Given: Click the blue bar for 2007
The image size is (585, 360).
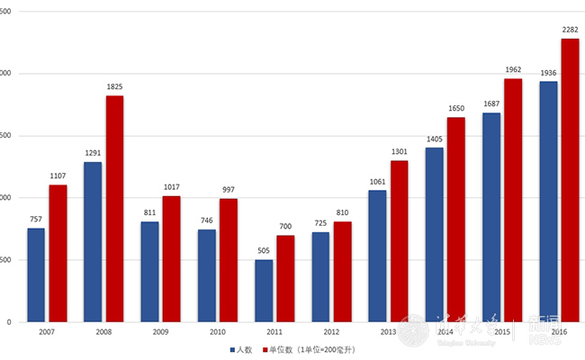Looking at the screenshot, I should (36, 274).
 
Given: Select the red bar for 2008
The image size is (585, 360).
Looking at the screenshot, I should (114, 208).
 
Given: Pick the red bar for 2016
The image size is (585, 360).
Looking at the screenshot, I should (570, 180).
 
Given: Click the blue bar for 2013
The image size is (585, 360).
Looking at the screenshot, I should (377, 256).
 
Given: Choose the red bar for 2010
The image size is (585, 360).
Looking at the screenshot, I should (229, 259).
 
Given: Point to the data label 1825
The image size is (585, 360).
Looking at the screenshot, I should (114, 87).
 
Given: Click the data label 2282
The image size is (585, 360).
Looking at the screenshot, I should (570, 30).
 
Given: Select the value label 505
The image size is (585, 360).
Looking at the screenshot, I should (264, 252).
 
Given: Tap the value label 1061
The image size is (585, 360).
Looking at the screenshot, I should (377, 182).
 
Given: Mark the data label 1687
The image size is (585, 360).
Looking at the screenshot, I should (491, 103).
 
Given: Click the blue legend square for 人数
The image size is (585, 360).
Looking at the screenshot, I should (232, 349).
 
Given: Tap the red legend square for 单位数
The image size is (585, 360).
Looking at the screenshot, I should (266, 349).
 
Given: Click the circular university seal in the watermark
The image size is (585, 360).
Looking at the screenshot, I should (416, 330).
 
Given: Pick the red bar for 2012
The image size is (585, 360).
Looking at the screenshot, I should (342, 271).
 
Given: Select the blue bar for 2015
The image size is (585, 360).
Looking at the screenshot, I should (491, 217).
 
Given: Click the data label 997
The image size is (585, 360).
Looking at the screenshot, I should (229, 190).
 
